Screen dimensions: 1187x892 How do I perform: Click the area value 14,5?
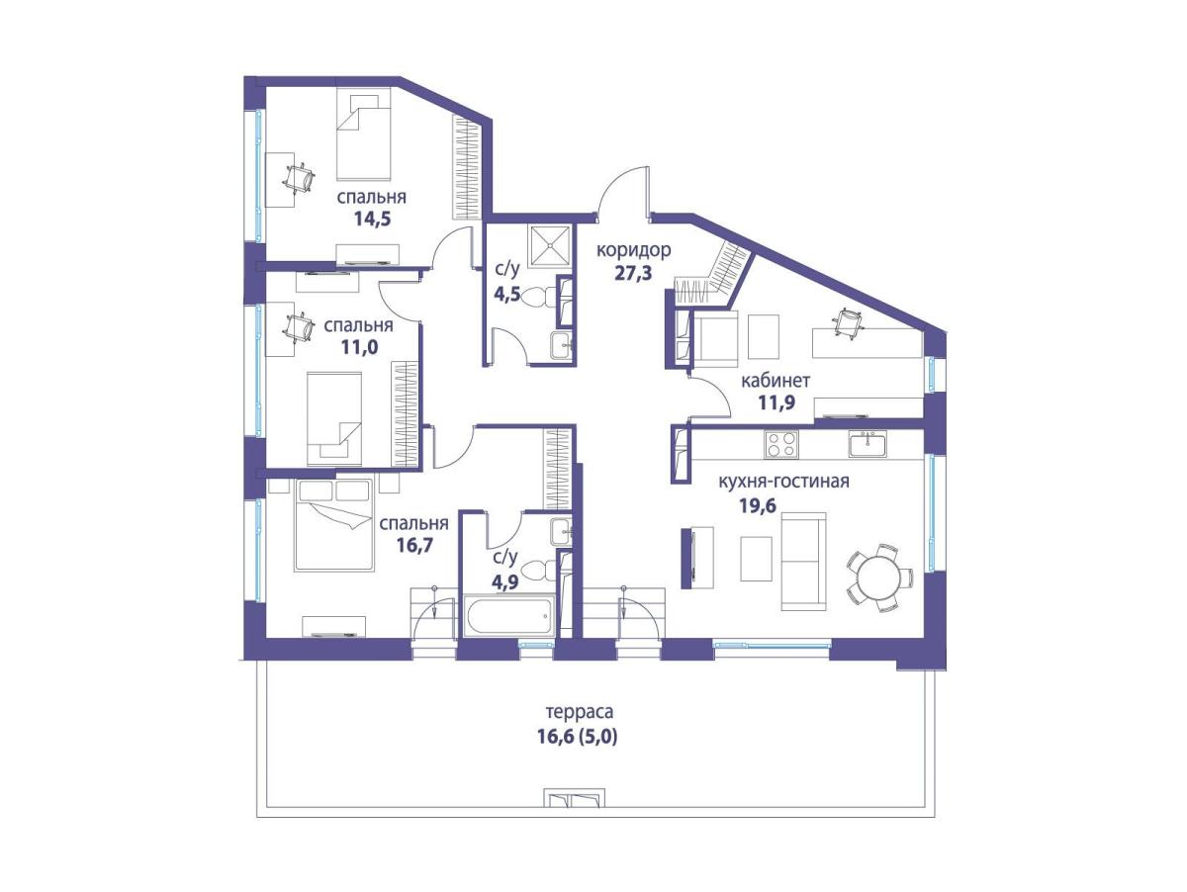pos(372,220)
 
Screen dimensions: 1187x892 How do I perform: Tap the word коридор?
pos(634,250)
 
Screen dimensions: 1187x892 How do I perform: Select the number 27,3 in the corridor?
pos(633,273)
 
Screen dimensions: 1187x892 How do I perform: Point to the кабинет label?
pos(776,381)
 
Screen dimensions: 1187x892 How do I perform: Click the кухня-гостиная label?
pos(783,482)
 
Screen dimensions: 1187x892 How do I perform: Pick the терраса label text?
pos(580,712)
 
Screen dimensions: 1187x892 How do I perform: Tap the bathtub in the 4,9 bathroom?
pos(508,615)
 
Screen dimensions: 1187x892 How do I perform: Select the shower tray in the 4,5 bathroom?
pos(549,246)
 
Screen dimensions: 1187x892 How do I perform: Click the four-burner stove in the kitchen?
pos(781,444)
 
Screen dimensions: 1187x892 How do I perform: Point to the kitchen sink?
pos(867,444)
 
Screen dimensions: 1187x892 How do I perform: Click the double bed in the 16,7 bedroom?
pos(334,524)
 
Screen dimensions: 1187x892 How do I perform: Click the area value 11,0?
pos(359,347)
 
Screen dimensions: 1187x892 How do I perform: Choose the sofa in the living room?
pos(803,561)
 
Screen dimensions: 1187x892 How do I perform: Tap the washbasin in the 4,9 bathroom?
pos(562,532)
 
